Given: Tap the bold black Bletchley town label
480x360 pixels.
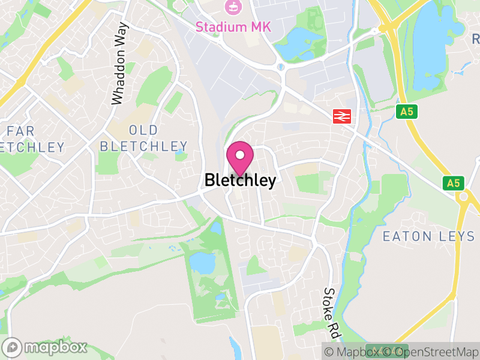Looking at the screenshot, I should pyautogui.click(x=240, y=180).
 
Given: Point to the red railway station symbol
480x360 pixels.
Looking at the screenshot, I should pyautogui.click(x=342, y=116).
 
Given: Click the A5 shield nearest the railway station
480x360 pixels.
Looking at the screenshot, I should pyautogui.click(x=407, y=111).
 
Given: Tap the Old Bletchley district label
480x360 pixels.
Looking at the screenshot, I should pyautogui.click(x=143, y=138).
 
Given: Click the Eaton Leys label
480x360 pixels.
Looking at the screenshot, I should pyautogui.click(x=428, y=236).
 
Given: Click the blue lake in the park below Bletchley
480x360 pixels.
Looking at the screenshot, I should pyautogui.click(x=202, y=262).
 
